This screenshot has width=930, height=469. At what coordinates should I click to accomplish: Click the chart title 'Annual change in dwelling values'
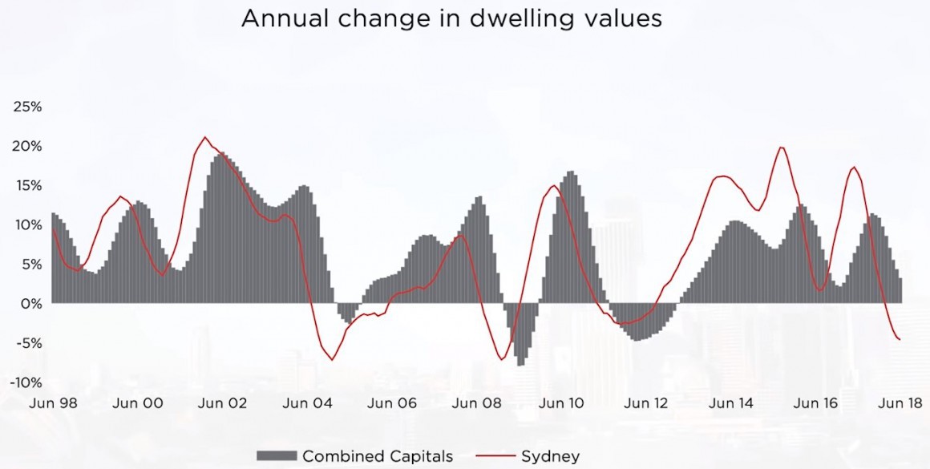point(451,18)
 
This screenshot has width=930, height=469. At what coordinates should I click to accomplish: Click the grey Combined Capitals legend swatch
point(275,456)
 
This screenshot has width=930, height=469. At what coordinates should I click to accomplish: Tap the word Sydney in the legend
point(550,456)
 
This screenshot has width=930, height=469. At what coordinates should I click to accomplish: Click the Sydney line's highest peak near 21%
point(204,137)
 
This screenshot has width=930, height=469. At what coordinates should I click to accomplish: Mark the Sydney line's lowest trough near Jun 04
point(332,360)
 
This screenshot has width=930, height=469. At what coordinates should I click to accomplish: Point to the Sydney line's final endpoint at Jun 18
point(900,339)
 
